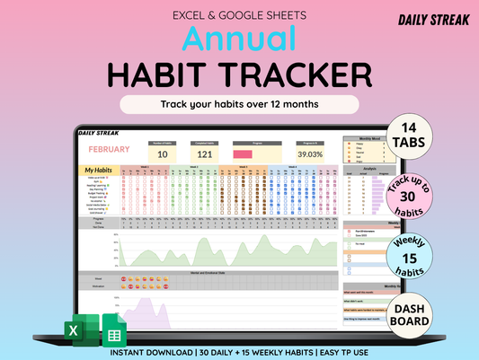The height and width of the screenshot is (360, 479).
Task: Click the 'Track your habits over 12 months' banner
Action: point(239,104)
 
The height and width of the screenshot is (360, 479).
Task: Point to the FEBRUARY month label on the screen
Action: point(110,149)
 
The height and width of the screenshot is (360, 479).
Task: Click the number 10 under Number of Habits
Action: point(163,154)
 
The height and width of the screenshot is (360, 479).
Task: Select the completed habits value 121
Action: point(206,154)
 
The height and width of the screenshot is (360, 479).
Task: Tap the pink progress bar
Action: point(243,154)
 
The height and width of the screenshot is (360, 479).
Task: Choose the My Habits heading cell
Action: point(102,171)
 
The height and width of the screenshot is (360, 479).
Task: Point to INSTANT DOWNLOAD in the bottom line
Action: point(144,351)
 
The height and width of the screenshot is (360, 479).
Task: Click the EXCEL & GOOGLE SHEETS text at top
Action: point(239,14)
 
